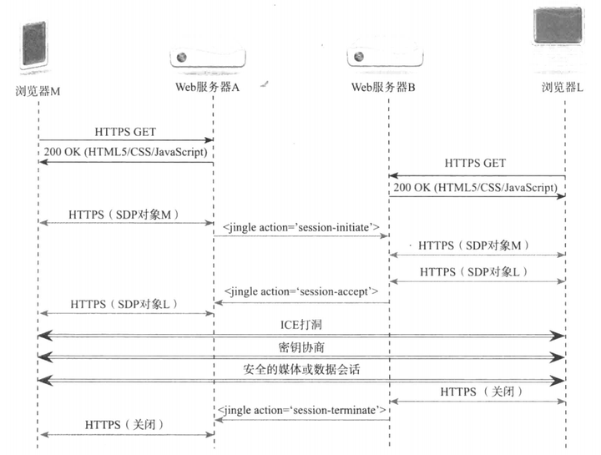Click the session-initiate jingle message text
pos(301,227)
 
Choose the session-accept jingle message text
pos(301,291)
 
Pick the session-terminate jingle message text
pos(301,410)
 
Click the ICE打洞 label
pos(301,323)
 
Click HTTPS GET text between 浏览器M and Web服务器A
pos(125,131)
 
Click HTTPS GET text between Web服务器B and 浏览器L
pos(476,164)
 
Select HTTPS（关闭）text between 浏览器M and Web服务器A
pos(124,424)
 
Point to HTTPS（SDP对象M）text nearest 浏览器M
pos(123,214)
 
